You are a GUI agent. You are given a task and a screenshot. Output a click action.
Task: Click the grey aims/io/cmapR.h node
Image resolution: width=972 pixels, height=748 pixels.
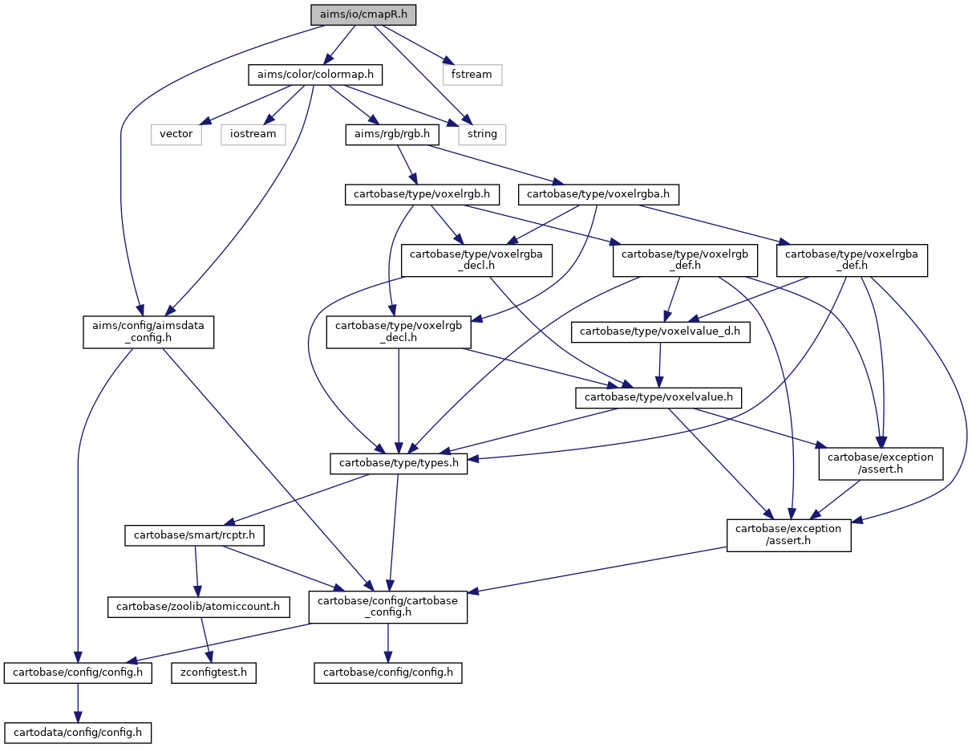pyautogui.click(x=363, y=14)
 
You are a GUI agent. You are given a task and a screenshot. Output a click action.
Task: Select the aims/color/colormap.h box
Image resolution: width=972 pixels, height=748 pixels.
pyautogui.click(x=315, y=75)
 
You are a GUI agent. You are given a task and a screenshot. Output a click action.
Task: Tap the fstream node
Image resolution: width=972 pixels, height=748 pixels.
pyautogui.click(x=472, y=75)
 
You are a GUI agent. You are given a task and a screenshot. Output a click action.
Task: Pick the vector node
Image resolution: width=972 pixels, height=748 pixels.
pyautogui.click(x=176, y=134)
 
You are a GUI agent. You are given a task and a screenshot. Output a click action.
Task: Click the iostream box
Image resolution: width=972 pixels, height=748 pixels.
pyautogui.click(x=253, y=134)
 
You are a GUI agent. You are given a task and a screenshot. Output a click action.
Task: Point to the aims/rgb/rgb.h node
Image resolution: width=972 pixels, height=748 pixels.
pyautogui.click(x=392, y=134)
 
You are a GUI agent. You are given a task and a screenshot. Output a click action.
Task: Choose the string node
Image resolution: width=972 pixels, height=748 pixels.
pyautogui.click(x=482, y=134)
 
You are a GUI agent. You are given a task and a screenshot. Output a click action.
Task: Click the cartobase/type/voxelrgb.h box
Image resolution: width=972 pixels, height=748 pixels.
pyautogui.click(x=422, y=195)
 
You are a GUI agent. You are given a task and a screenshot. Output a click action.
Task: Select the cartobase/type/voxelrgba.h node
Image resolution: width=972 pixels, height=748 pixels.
pyautogui.click(x=598, y=195)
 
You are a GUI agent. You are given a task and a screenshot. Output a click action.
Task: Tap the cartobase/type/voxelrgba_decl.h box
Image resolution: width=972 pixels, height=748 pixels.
pyautogui.click(x=476, y=260)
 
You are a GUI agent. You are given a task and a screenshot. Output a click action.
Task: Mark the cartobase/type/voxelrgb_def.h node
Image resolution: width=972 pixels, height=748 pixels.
pyautogui.click(x=685, y=260)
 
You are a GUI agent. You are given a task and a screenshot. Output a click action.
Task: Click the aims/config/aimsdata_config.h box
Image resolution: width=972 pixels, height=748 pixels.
pyautogui.click(x=148, y=331)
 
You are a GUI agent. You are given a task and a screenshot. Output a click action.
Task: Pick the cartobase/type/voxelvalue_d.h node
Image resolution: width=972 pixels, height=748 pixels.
pyautogui.click(x=660, y=331)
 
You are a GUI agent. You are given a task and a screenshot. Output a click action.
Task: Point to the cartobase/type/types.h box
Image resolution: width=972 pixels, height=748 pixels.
pyautogui.click(x=399, y=463)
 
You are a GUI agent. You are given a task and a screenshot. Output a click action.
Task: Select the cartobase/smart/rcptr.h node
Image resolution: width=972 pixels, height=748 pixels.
pyautogui.click(x=195, y=535)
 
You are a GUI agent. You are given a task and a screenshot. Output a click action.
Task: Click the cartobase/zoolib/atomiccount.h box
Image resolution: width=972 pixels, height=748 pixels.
pyautogui.click(x=199, y=607)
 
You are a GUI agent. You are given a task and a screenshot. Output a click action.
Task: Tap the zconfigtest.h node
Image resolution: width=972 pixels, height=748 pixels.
pyautogui.click(x=214, y=673)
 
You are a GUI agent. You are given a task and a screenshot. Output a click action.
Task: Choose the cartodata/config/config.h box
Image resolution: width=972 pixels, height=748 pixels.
pyautogui.click(x=78, y=733)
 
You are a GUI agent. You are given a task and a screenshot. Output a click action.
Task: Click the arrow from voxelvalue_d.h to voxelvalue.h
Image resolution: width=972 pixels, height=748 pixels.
pyautogui.click(x=659, y=365)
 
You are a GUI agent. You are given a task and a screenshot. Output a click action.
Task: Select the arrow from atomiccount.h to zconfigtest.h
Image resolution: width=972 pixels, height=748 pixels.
pyautogui.click(x=206, y=640)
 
